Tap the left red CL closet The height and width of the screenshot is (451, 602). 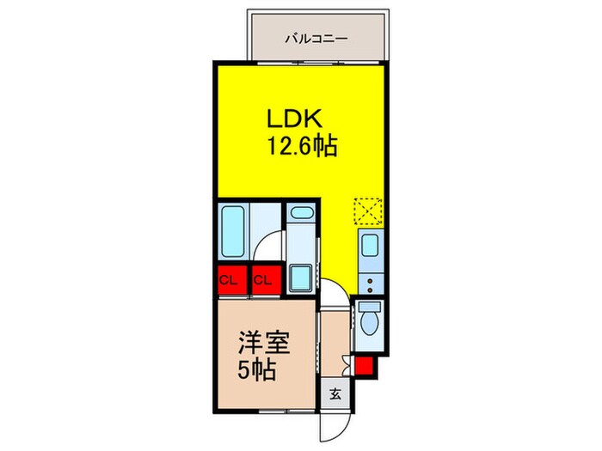[230, 281]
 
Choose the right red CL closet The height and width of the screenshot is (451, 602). [264, 281]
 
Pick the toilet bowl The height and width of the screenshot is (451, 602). [371, 320]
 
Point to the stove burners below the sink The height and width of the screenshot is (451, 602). [370, 279]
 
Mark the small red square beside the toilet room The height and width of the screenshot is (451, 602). [365, 369]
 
